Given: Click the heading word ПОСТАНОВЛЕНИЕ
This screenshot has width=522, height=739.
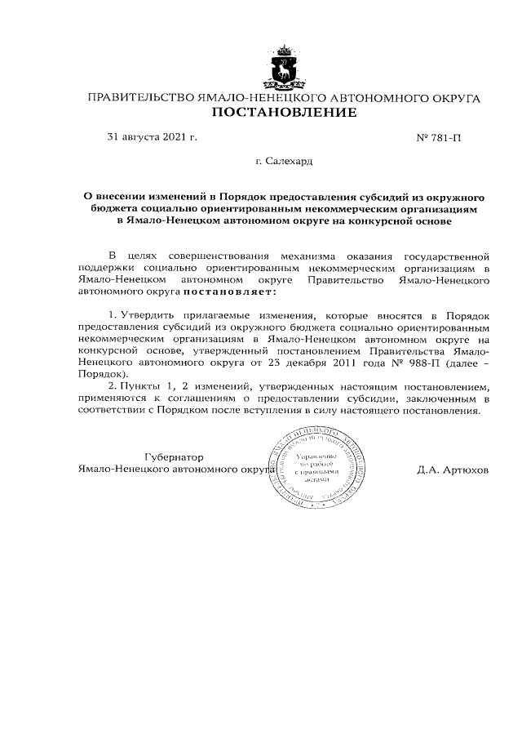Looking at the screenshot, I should point(285,114).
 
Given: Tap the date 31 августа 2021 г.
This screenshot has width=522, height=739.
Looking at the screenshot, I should point(153,136).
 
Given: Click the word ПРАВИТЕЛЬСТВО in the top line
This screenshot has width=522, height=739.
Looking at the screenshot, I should point(140,98).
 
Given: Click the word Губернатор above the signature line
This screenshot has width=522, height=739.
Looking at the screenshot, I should point(173,457).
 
